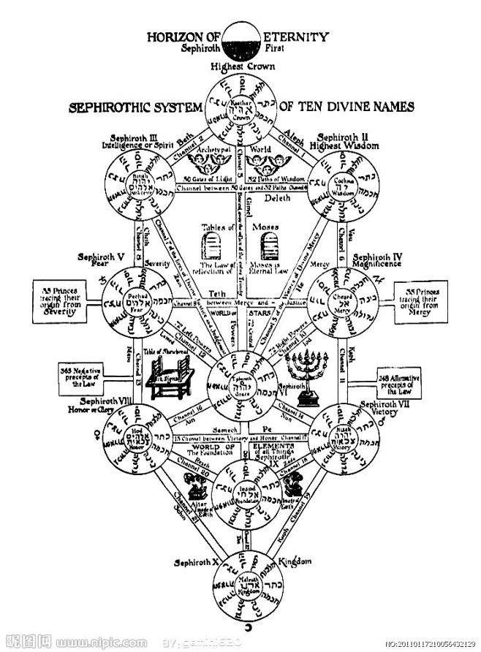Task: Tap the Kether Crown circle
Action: pyautogui.click(x=240, y=111)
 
